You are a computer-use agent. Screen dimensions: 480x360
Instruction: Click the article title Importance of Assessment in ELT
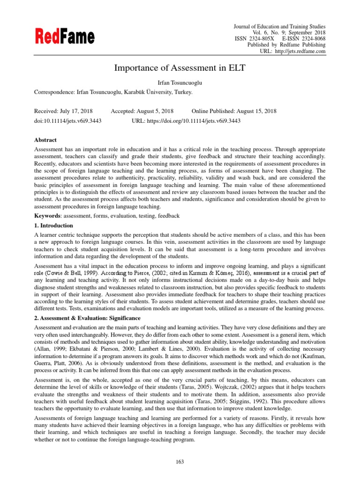[180, 68]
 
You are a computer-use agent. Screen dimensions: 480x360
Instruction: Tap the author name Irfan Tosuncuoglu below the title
[180, 83]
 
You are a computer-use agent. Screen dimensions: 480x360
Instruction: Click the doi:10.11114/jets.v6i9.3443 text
[68, 120]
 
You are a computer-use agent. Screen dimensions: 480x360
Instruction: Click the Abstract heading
[45, 140]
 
